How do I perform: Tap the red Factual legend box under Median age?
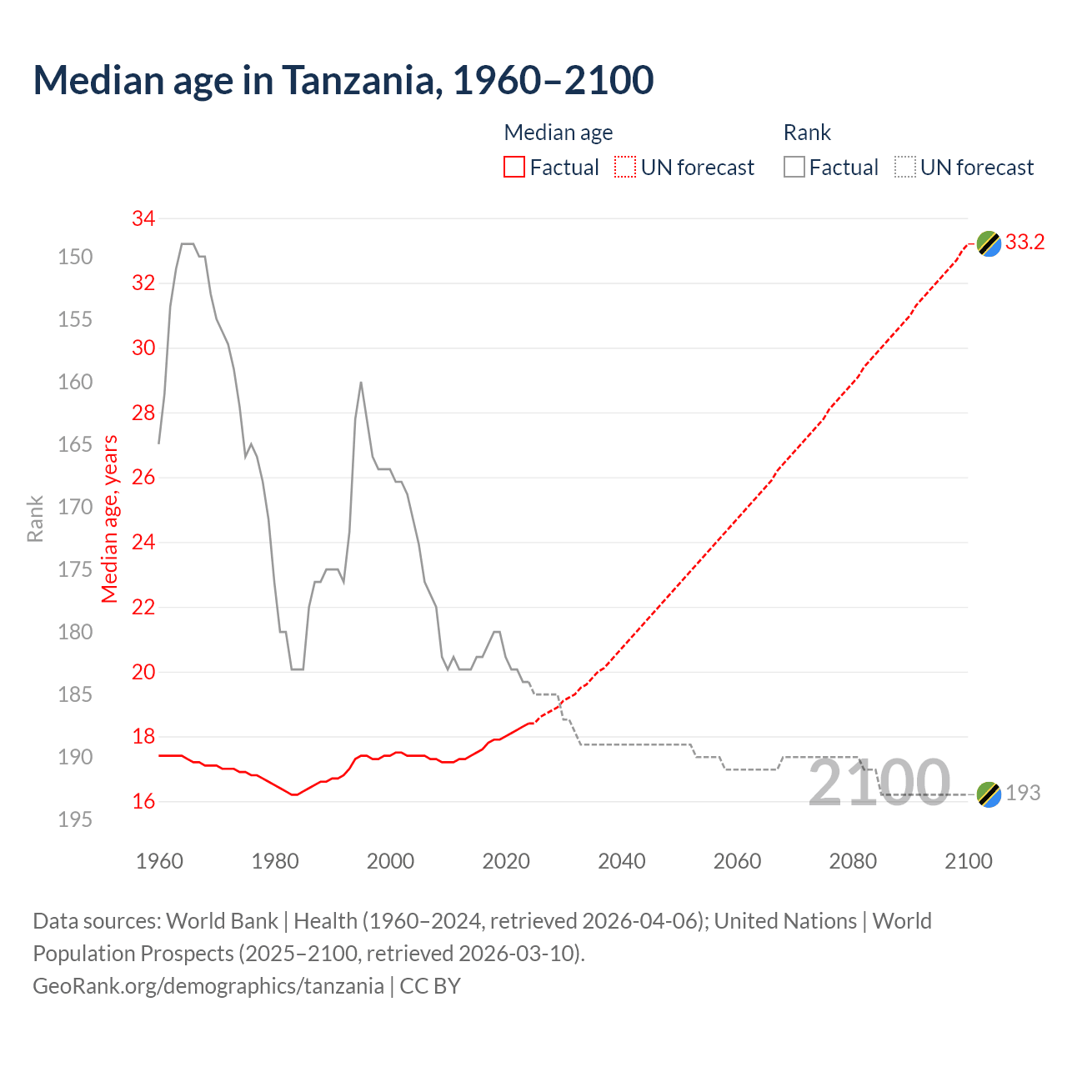pos(514,168)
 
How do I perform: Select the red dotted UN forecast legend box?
pos(625,168)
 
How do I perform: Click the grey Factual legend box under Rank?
pos(794,168)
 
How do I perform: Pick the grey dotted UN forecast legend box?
pos(905,168)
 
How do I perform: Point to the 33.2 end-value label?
pos(1024,243)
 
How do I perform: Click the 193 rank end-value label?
pos(1023,793)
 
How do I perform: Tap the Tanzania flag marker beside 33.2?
pos(989,243)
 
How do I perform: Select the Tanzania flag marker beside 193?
pos(989,794)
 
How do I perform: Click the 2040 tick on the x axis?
pos(622,861)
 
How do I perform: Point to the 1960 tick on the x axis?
pos(159,861)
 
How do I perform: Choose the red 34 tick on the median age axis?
pos(143,219)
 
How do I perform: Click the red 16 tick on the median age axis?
pos(143,802)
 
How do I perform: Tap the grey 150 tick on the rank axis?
pos(75,257)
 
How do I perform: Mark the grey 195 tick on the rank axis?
pos(75,819)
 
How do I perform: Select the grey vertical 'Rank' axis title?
pos(35,518)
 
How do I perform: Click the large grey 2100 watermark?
pos(879,783)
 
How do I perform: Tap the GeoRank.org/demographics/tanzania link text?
pos(208,986)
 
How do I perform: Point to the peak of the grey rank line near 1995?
pos(360,383)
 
